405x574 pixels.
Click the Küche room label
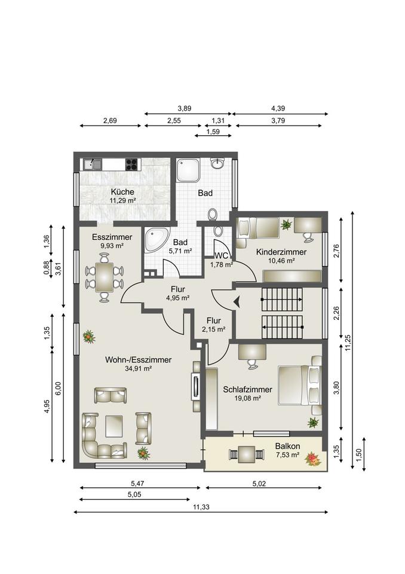point(122,192)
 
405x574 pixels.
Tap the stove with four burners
point(133,164)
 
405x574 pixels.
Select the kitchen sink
point(92,164)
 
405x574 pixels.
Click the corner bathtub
point(157,240)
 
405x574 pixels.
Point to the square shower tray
point(188,170)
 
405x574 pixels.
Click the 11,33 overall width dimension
point(201,508)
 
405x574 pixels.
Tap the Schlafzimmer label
point(248,389)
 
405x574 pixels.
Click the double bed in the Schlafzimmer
point(300,385)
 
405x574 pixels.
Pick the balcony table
point(246,454)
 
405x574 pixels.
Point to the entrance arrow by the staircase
point(237,301)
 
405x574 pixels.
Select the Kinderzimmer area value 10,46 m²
point(281,261)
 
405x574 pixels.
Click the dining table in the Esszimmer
point(105,277)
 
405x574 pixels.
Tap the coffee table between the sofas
point(113,426)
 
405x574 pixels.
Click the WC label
point(222,255)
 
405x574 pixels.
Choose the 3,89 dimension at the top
point(185,108)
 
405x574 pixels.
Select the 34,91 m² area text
point(139,369)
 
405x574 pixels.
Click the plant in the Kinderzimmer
point(286,224)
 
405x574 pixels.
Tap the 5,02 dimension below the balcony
point(259,484)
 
